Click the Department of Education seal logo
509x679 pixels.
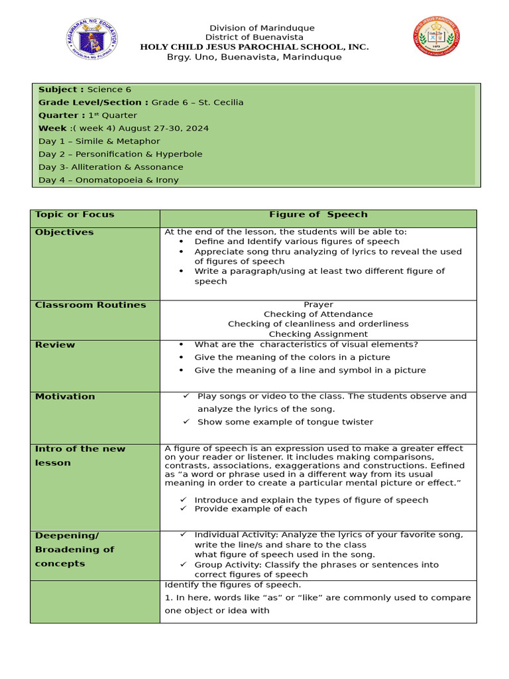92,39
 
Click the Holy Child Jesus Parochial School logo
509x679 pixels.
437,36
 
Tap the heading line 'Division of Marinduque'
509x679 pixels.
253,28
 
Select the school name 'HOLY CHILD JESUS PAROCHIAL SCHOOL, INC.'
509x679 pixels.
254,47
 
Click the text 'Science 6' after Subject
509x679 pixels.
105,90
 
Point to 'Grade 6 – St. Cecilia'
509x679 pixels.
198,102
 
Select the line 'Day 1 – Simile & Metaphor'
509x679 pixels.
99,141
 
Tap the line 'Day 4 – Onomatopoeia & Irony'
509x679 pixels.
108,180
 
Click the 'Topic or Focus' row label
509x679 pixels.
74,215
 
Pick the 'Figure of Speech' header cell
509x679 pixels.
318,215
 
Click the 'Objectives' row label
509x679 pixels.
64,232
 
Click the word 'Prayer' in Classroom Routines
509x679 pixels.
318,304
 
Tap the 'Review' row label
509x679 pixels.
55,345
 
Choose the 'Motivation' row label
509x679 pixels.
65,397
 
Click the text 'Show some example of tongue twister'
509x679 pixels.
285,422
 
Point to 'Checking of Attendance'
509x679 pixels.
318,314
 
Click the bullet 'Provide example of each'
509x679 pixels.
251,509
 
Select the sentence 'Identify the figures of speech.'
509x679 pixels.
233,585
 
